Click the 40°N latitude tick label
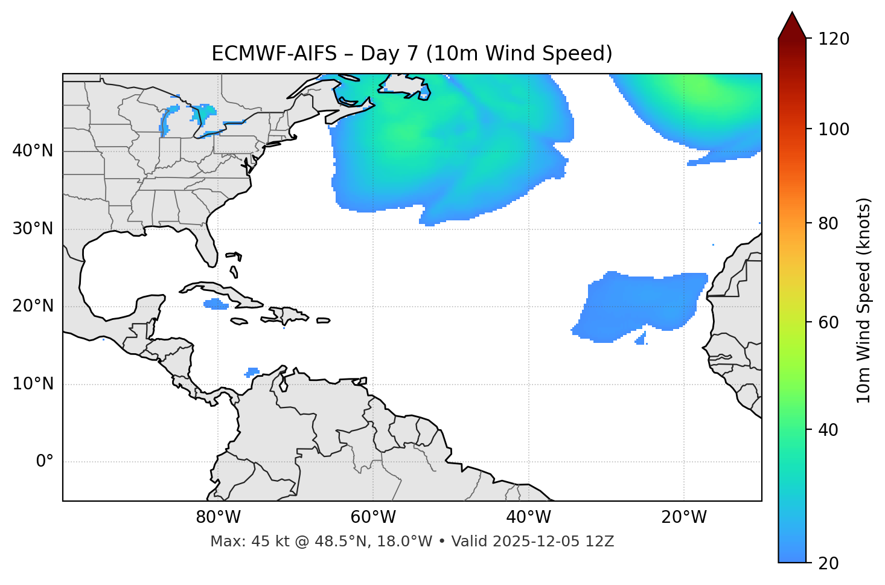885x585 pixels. pyautogui.click(x=33, y=151)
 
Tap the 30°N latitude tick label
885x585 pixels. pyautogui.click(x=33, y=229)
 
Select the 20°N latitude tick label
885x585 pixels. pyautogui.click(x=33, y=306)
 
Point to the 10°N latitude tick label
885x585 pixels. pyautogui.click(x=33, y=384)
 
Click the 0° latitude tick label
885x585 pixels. pyautogui.click(x=45, y=462)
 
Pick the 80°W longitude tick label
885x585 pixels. pyautogui.click(x=218, y=517)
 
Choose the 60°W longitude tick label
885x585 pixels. pyautogui.click(x=373, y=517)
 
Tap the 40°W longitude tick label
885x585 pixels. pyautogui.click(x=528, y=517)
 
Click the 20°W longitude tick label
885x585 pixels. pyautogui.click(x=684, y=517)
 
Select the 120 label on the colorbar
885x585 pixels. pyautogui.click(x=834, y=39)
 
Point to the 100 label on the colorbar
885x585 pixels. pyautogui.click(x=834, y=129)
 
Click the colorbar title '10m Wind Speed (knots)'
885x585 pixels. pyautogui.click(x=864, y=300)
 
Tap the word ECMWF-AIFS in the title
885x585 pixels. pyautogui.click(x=274, y=54)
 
